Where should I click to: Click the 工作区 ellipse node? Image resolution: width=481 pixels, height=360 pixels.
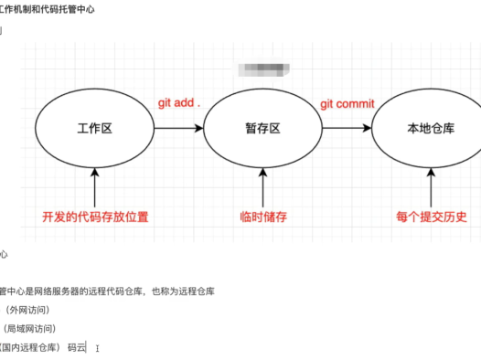[94, 128]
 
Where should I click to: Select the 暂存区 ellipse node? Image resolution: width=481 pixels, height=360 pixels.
[262, 128]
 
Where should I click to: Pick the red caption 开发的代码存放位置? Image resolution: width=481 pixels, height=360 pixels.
[94, 217]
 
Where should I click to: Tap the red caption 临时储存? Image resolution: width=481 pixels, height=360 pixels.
[262, 217]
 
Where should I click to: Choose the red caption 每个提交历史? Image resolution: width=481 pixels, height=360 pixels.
[432, 217]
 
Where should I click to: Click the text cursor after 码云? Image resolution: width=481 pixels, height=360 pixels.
[97, 347]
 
